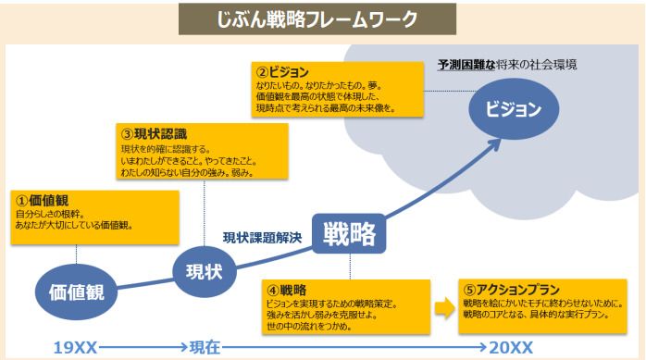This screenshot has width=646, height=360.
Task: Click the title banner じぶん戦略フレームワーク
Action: [322, 19]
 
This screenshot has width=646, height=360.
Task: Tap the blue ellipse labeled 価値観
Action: [76, 292]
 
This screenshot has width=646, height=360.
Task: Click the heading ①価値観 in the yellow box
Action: [43, 199]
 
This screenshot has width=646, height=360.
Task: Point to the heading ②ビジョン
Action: [282, 72]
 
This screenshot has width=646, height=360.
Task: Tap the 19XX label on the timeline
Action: [75, 348]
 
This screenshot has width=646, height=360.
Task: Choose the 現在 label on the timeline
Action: [205, 348]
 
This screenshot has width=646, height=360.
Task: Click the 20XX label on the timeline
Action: [512, 348]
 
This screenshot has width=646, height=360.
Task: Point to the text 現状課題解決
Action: [262, 237]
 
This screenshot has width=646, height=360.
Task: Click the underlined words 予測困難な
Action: [469, 65]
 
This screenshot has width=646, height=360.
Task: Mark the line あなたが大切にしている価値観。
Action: [74, 225]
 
